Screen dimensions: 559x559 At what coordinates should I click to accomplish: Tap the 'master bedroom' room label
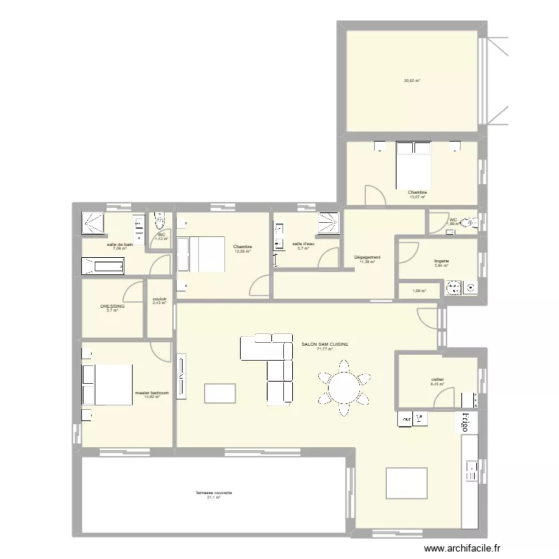click(152, 393)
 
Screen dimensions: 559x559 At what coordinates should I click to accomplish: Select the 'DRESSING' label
click(113, 306)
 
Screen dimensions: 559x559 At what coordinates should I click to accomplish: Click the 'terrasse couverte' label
click(214, 493)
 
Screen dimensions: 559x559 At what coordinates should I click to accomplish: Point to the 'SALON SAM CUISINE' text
click(324, 344)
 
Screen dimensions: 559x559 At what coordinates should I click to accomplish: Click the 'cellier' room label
click(438, 379)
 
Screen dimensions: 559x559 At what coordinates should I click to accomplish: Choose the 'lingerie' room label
click(441, 261)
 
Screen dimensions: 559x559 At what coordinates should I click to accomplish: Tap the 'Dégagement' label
click(367, 257)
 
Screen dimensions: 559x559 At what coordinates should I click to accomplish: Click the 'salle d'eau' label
click(303, 244)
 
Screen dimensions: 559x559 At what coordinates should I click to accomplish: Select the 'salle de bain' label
click(119, 244)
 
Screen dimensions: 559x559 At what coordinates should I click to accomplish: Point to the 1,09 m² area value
click(419, 291)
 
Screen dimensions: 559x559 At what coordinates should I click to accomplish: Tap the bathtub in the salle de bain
click(103, 265)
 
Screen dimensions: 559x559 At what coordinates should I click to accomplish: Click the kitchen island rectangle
click(406, 482)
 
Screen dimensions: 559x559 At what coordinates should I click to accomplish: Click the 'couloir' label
click(159, 299)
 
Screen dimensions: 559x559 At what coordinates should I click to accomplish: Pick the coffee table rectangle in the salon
click(220, 393)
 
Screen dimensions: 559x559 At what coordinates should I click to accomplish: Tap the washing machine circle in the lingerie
click(453, 286)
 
